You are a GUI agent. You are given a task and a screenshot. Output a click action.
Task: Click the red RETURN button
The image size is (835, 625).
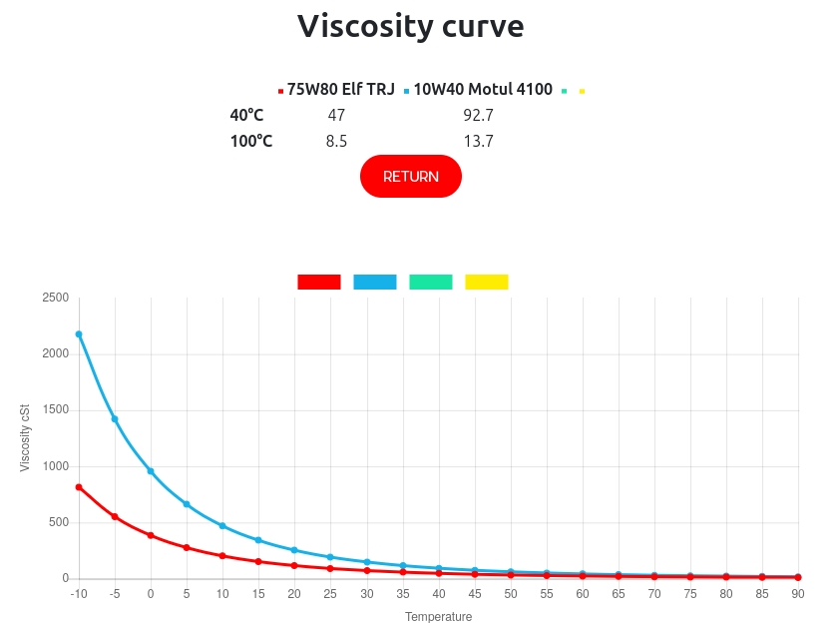coord(410,176)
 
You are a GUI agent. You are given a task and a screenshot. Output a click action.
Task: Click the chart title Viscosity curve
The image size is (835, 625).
coord(410,26)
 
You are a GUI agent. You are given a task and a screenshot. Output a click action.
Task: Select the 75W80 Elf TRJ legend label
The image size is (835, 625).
coord(341,90)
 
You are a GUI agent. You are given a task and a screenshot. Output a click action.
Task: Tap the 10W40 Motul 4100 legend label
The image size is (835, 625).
coord(483,90)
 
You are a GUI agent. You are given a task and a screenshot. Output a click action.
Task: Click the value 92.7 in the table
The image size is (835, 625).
coord(478,115)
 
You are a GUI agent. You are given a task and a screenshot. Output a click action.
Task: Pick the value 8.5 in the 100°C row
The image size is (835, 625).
coord(336,141)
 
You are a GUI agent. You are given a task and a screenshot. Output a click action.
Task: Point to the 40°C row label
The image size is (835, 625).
coord(246,115)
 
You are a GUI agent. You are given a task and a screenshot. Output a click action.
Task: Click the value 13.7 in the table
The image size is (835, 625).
coord(478,141)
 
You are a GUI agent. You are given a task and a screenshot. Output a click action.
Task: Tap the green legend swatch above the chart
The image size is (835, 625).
coord(431,283)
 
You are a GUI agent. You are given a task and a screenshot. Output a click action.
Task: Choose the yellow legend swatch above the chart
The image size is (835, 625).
coord(487,283)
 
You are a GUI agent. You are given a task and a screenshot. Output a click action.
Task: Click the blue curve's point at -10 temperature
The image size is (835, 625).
coord(79,334)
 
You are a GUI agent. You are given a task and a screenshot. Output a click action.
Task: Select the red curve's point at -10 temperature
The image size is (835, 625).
coord(79,487)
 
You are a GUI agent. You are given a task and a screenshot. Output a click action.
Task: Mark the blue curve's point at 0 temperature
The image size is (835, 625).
coord(151,471)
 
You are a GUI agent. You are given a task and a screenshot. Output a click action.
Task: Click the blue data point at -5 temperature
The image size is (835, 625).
coord(115,419)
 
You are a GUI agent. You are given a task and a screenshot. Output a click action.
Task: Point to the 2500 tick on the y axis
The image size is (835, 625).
coord(55,298)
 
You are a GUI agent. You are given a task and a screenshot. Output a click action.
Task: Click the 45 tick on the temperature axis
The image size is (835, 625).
coord(474,594)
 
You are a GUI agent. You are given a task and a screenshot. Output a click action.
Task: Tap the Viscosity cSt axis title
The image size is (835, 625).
coord(26,438)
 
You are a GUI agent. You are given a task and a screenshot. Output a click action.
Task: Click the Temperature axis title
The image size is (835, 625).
coord(438,617)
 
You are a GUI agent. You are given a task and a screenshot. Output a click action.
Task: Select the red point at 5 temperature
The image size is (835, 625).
coord(187,547)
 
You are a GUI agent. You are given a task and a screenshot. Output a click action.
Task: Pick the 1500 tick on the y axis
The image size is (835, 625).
coord(55,410)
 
